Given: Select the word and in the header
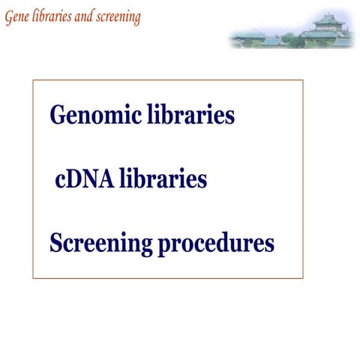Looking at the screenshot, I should (82, 18).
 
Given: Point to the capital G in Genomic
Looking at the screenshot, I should (58, 116).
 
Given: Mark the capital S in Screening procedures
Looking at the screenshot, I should (56, 244).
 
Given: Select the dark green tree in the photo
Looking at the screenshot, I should (289, 37).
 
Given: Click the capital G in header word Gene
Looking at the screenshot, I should (8, 18).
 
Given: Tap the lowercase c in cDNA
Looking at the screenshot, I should (61, 182).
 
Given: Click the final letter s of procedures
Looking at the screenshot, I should (269, 245).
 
